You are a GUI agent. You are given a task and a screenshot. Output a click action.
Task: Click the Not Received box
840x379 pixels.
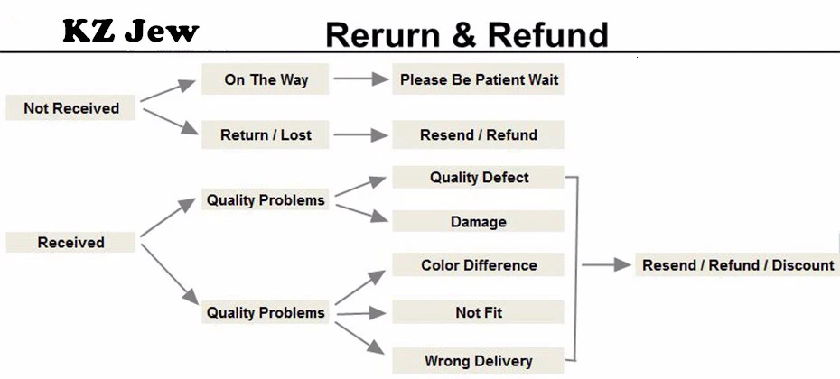(x=70, y=108)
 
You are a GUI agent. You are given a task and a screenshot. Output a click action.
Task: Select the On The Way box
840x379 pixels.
(x=266, y=79)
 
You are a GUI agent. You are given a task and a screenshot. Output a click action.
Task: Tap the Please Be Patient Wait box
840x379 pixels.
(x=478, y=79)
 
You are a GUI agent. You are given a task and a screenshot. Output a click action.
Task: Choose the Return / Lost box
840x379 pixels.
(x=266, y=134)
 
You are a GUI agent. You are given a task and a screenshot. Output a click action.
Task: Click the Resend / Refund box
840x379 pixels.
(x=478, y=134)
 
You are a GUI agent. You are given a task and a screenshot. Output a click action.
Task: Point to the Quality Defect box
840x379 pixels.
(x=478, y=177)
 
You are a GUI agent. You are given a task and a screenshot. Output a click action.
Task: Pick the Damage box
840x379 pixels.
(x=478, y=221)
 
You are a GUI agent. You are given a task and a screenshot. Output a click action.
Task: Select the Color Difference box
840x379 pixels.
(x=478, y=265)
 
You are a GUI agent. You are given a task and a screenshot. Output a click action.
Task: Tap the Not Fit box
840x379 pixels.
(x=478, y=312)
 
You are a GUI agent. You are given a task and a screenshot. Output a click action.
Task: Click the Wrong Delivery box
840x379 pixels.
(x=478, y=360)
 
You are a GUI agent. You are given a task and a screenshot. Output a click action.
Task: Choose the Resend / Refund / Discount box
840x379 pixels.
(x=738, y=265)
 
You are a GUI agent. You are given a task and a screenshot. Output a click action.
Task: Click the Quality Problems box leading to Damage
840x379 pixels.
(x=266, y=199)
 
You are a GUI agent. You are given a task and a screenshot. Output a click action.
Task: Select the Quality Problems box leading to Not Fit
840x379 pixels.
(x=266, y=312)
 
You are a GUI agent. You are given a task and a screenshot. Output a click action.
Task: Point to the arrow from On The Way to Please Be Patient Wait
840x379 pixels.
(x=361, y=79)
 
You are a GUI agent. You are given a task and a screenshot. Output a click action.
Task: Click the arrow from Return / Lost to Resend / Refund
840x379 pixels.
(x=361, y=134)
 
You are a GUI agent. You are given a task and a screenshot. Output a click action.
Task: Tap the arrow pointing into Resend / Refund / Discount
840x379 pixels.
(x=606, y=264)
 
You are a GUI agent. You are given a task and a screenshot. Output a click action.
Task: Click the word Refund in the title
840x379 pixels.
(x=548, y=35)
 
